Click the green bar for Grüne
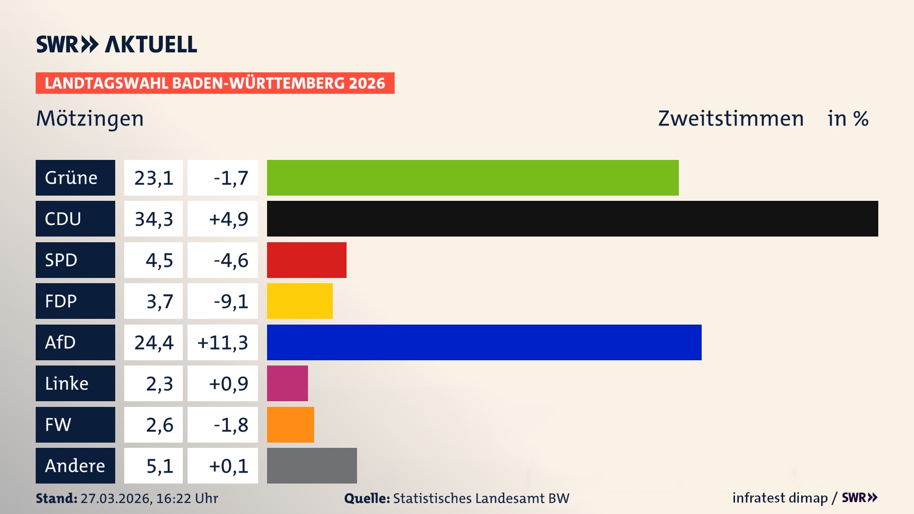[x=473, y=178]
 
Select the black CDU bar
[x=572, y=219]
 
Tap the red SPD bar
[x=307, y=260]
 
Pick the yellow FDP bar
[x=299, y=301]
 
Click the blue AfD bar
[x=484, y=342]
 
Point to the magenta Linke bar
[x=287, y=384]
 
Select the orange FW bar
[x=290, y=425]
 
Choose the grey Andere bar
[x=312, y=465]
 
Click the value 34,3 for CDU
[x=153, y=219]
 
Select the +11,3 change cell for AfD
[x=222, y=342]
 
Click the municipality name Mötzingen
[x=90, y=119]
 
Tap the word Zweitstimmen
[x=731, y=119]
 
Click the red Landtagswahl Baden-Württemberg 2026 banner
[x=215, y=83]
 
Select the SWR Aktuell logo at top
[x=116, y=44]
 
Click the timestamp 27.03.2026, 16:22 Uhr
[x=149, y=498]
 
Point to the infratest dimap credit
[x=780, y=498]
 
